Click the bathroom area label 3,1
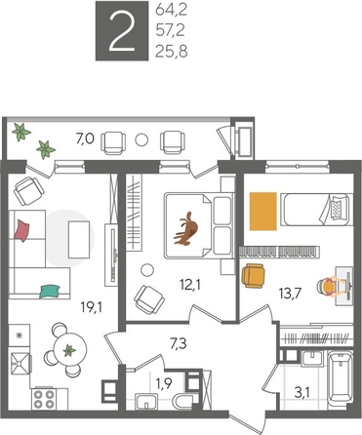pos(305,393)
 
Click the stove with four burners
pos(45,397)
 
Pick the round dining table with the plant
pos(69,350)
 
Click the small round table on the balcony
pos(145,138)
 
